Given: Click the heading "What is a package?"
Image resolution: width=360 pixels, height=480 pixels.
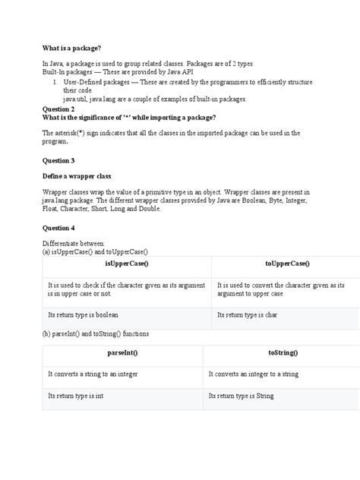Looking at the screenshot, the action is tap(71, 48).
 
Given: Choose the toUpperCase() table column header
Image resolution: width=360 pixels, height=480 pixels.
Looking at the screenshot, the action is tap(286, 263).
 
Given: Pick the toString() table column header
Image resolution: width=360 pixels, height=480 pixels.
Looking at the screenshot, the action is tap(283, 353).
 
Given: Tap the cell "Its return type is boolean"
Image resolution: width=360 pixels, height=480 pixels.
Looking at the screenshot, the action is tap(83, 314).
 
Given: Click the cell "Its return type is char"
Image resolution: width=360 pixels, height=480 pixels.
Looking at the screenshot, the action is tap(248, 314).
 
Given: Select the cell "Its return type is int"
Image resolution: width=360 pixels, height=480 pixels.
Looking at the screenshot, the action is tap(75, 396).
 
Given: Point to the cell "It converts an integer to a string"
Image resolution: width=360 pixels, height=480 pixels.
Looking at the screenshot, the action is tap(253, 374).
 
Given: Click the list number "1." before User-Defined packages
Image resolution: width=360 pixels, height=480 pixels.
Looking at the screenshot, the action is tap(55, 81).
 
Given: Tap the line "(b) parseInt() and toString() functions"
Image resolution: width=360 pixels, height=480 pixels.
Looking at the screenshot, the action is tap(96, 333).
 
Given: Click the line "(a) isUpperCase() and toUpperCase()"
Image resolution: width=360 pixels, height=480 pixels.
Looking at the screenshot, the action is tap(95, 251).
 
